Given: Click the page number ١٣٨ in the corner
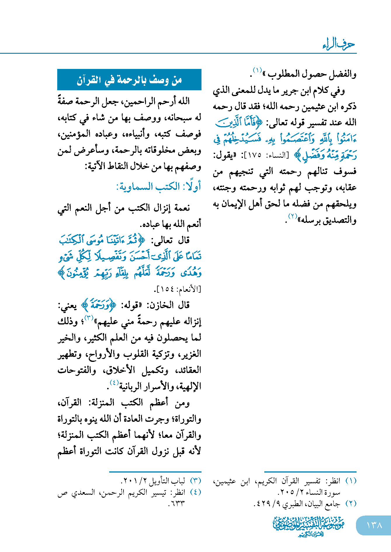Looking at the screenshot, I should [x=374, y=525].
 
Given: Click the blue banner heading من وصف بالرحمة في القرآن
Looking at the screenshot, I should [x=129, y=80].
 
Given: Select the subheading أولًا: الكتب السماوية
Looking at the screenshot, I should [x=159, y=186].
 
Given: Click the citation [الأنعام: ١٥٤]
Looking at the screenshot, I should [x=178, y=289].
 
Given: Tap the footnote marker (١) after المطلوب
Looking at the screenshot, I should [x=257, y=70].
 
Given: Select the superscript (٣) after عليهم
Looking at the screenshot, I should [x=88, y=317].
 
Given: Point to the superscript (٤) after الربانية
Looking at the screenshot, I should [x=114, y=383].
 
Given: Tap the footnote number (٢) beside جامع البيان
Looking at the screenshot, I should [x=351, y=503].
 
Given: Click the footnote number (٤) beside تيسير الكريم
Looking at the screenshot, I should [x=195, y=492].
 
